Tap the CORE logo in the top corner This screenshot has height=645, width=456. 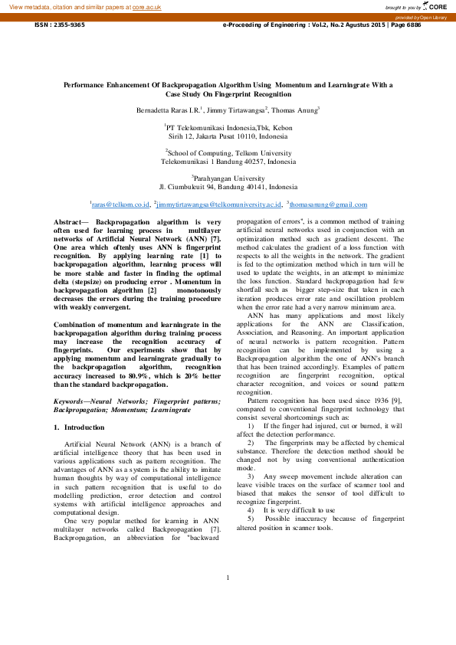click(x=435, y=6)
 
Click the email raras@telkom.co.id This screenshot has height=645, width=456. click(x=121, y=205)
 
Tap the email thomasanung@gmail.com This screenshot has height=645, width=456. click(x=329, y=205)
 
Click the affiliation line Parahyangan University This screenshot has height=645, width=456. click(x=228, y=178)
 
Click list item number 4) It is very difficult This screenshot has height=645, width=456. click(x=291, y=509)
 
